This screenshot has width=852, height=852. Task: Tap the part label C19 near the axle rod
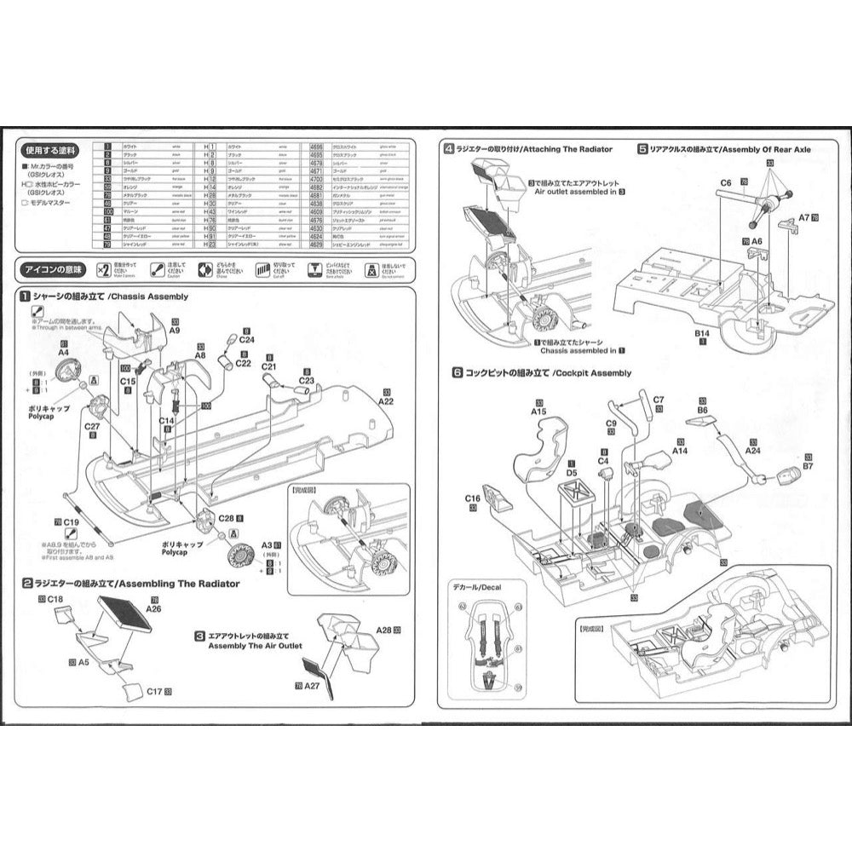[x=72, y=521]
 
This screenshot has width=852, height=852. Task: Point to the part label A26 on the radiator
[x=153, y=608]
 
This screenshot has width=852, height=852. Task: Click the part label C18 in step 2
[x=55, y=600]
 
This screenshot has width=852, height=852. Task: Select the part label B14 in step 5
[x=701, y=332]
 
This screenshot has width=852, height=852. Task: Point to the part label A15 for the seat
[x=538, y=411]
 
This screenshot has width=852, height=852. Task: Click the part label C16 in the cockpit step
[x=474, y=498]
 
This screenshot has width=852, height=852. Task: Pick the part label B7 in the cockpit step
[x=807, y=466]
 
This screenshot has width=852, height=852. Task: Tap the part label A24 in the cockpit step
[x=752, y=451]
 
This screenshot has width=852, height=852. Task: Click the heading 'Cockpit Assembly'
[x=591, y=373]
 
